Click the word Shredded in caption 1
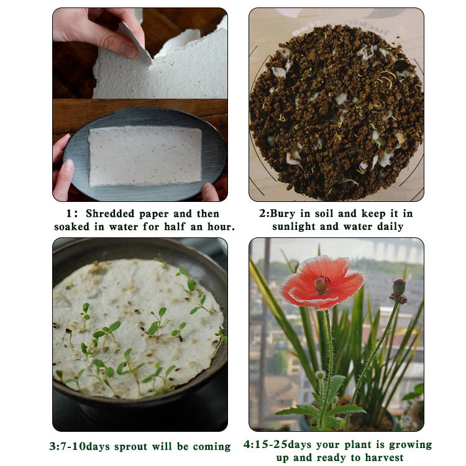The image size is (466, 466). (110, 213)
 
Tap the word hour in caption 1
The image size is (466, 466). (221, 226)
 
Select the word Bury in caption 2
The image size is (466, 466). (283, 214)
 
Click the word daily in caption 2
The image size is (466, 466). (390, 227)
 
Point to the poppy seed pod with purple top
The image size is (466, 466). (399, 291)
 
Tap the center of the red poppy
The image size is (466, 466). (321, 284)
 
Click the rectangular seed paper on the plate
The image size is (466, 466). (145, 157)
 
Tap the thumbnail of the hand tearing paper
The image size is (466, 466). (140, 53)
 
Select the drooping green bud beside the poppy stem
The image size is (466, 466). (320, 375)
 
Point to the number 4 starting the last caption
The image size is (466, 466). (247, 445)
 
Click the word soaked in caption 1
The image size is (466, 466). (71, 227)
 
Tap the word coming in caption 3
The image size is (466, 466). (212, 447)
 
